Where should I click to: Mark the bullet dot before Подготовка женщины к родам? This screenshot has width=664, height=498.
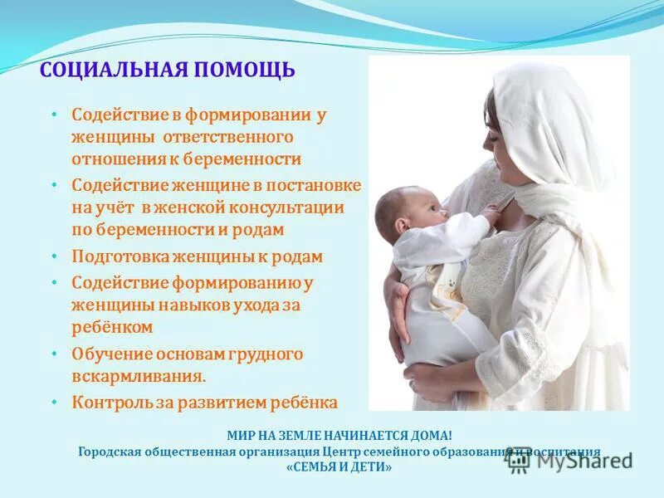55,257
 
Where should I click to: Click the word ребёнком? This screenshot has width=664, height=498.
112,327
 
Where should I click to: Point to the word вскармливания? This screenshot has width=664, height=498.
138,376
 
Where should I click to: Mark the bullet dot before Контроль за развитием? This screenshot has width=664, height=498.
55,403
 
